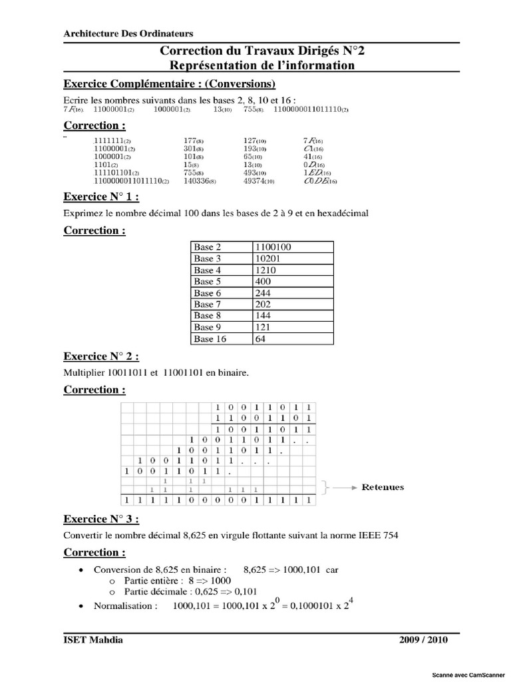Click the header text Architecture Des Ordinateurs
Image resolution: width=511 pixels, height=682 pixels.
(128, 34)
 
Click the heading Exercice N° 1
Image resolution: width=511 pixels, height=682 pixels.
(101, 197)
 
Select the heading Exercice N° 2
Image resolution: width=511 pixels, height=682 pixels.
(101, 356)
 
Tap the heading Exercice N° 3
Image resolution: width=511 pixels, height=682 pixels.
(101, 519)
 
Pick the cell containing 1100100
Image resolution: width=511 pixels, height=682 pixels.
(273, 247)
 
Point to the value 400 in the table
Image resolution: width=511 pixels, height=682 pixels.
(263, 282)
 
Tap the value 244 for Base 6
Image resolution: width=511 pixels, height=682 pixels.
(263, 293)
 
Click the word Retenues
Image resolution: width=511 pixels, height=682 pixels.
(383, 488)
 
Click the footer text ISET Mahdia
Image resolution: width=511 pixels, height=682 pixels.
(92, 640)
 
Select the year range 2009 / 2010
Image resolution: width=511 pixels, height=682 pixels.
(424, 640)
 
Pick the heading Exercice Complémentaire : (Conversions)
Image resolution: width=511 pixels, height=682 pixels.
(169, 85)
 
